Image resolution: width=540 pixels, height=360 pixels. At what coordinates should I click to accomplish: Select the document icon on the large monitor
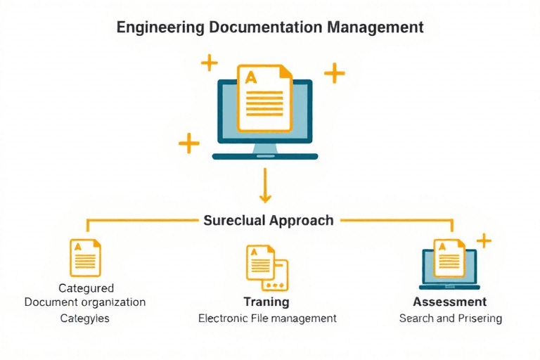(x=264, y=98)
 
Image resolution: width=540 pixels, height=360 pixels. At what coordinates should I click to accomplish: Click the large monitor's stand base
(x=264, y=155)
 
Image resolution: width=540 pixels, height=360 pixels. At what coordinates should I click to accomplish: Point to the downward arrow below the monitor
(x=265, y=186)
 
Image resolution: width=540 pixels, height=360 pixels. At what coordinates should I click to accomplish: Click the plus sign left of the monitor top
(x=209, y=63)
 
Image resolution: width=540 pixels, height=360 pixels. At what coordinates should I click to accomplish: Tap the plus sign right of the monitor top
(x=334, y=72)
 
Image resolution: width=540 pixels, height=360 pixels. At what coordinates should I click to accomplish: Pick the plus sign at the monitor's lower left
(x=188, y=143)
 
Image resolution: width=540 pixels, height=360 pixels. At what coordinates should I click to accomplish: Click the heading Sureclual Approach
(x=268, y=220)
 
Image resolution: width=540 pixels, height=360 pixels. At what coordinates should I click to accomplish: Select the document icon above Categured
(x=85, y=257)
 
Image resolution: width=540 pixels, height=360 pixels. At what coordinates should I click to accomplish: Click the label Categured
(x=85, y=288)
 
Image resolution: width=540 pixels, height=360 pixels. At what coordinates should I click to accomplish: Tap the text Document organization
(x=85, y=302)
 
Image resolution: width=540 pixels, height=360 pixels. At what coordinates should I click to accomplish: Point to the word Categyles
(x=85, y=318)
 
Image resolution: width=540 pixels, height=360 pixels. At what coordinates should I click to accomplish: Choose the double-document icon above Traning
(x=267, y=268)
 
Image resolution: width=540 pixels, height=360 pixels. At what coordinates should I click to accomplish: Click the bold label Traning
(x=266, y=302)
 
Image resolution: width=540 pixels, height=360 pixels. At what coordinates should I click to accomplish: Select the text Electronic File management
(x=267, y=318)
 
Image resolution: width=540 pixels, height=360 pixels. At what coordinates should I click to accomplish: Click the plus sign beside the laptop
(x=484, y=241)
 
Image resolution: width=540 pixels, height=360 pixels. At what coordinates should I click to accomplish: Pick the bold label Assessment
(x=450, y=302)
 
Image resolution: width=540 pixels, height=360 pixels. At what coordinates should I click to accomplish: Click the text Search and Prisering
(x=450, y=318)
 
